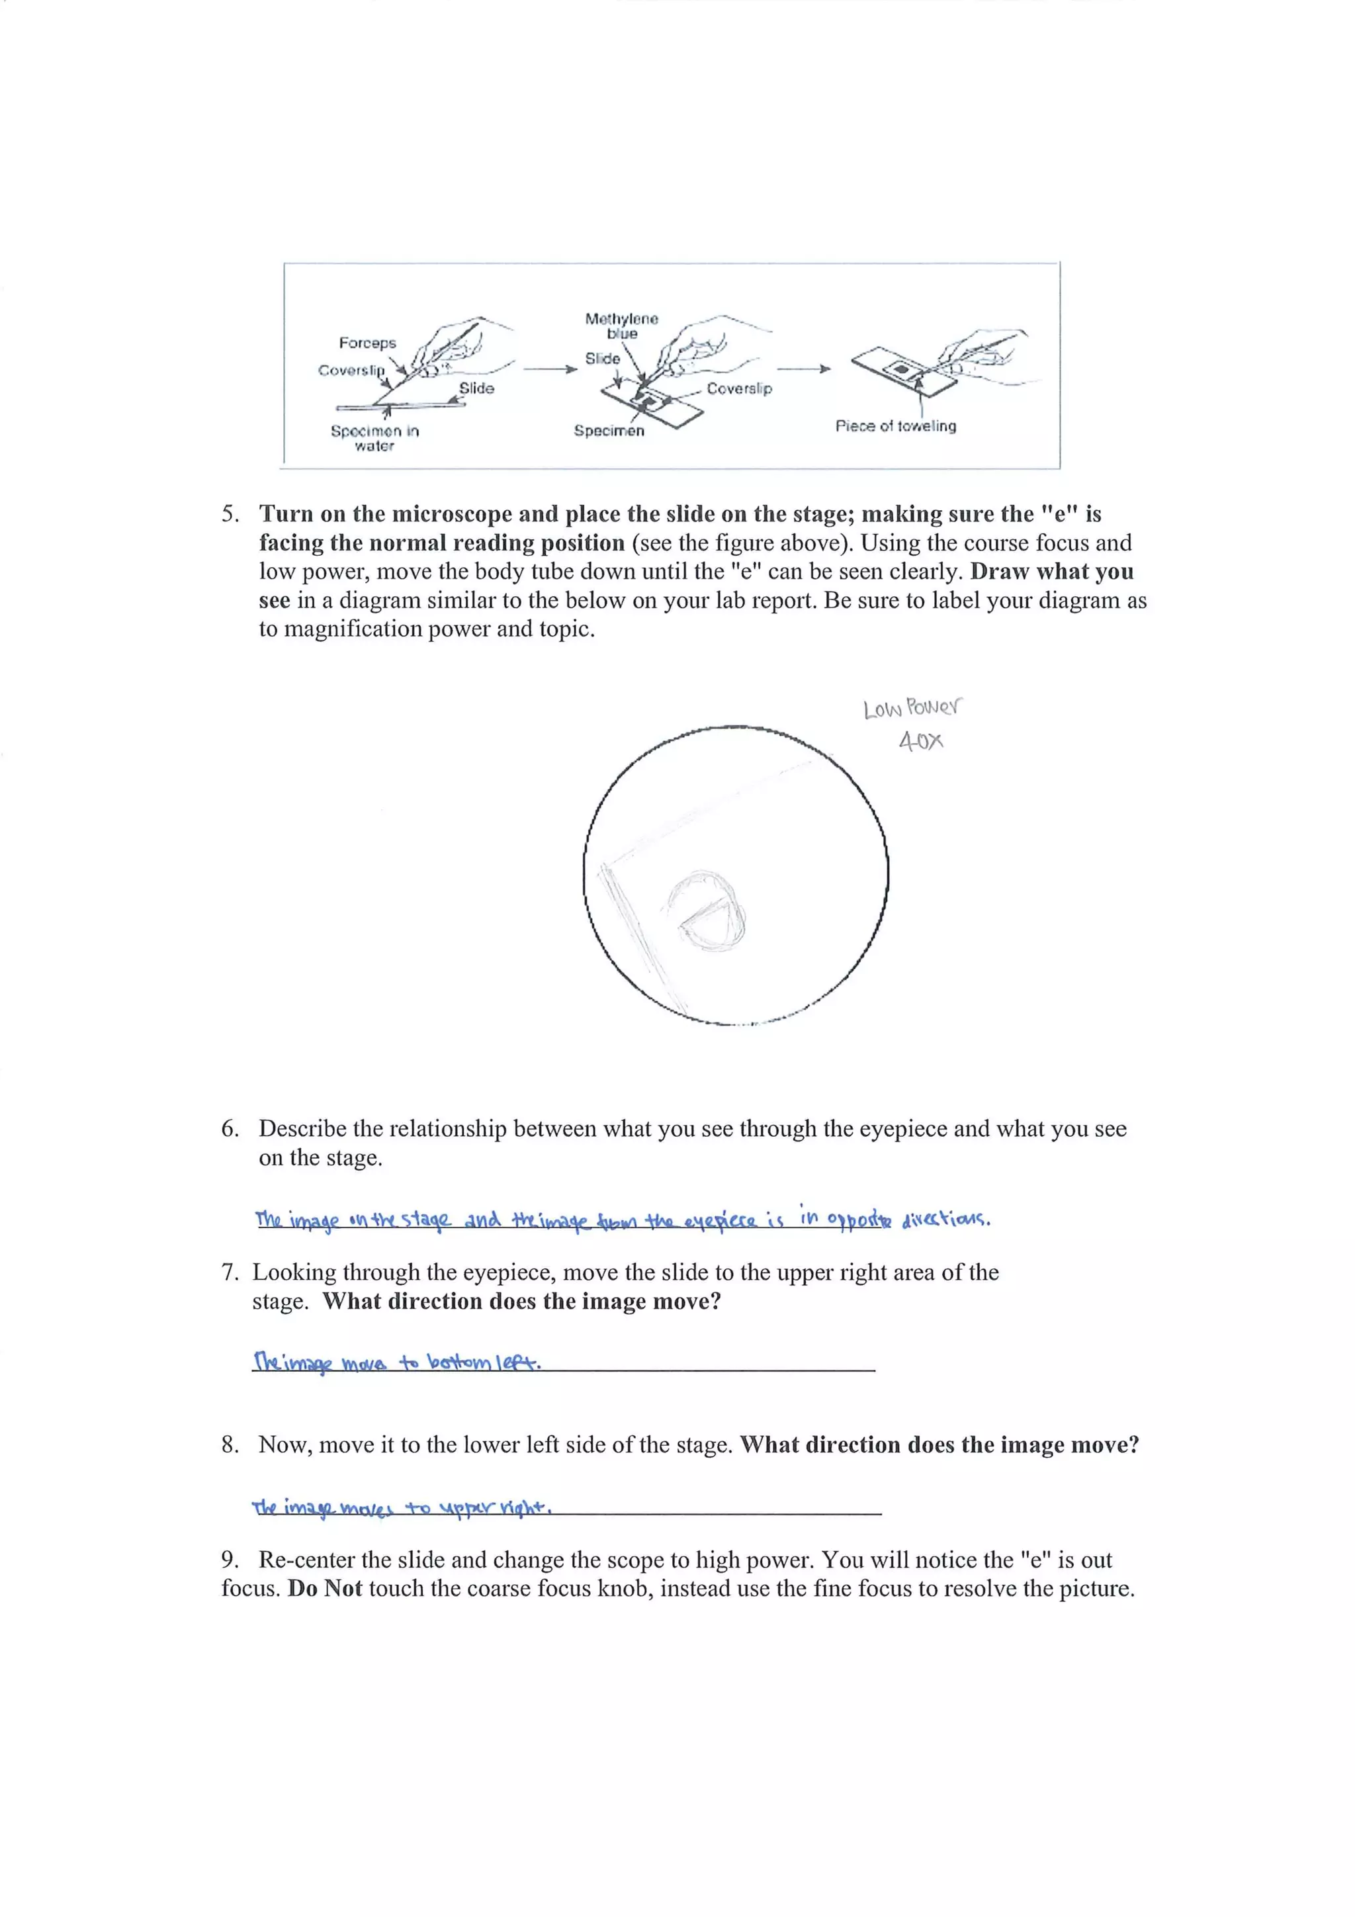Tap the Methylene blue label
click(x=622, y=326)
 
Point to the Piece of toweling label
click(x=896, y=425)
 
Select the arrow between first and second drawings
click(x=549, y=368)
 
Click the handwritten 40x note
click(x=921, y=740)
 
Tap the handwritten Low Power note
click(x=912, y=708)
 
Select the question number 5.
click(x=230, y=514)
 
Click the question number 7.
click(x=230, y=1272)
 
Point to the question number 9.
click(x=230, y=1560)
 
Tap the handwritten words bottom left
click(x=484, y=1362)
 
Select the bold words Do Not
click(x=325, y=1588)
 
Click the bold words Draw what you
click(x=1051, y=572)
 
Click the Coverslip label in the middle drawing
click(x=739, y=388)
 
